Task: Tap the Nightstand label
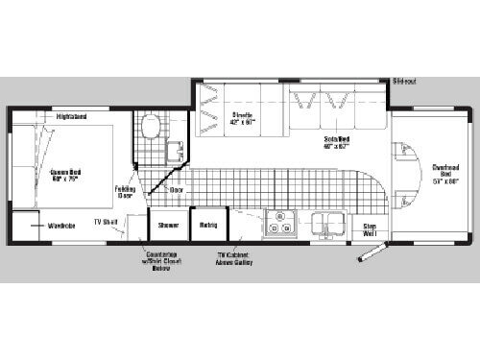pos(72,117)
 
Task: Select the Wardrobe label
pos(62,226)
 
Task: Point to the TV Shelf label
pos(105,222)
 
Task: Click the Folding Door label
pos(125,191)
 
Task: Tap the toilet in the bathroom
pos(149,127)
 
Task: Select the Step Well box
pos(370,230)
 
